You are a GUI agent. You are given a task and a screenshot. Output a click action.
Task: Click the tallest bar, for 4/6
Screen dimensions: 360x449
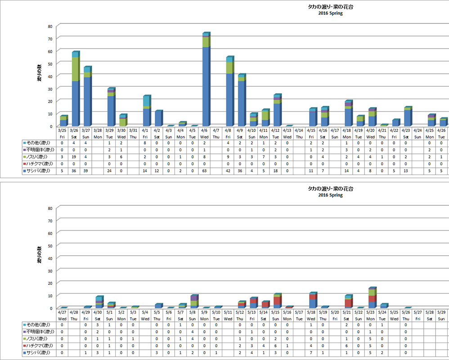pos(206,81)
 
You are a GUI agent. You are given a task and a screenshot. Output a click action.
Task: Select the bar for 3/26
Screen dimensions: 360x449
pos(75,90)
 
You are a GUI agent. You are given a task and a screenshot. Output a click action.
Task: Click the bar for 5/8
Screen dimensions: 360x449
pos(194,301)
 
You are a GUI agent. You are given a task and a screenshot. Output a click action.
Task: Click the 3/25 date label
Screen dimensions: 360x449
pos(63,130)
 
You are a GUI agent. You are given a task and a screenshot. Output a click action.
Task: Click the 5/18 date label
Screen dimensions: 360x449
pos(312,311)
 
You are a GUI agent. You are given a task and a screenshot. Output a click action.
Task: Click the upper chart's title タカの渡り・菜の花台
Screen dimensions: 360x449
pos(327,7)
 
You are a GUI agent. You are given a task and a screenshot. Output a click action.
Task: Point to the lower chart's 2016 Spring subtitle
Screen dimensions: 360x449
pos(330,195)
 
